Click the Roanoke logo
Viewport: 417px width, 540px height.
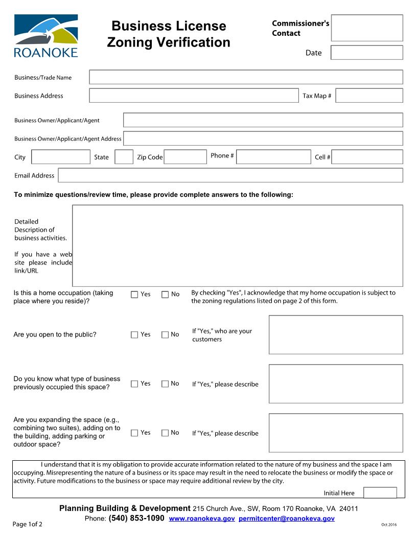tap(46, 36)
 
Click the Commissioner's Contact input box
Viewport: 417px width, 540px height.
tap(367, 28)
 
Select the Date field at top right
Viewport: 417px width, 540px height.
tap(367, 53)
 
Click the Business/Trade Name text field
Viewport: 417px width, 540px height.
tap(246, 77)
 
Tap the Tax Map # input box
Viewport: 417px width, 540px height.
tap(369, 96)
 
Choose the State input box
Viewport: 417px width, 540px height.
tap(124, 157)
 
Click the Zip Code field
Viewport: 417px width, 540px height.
tap(185, 157)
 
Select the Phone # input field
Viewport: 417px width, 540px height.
tap(273, 156)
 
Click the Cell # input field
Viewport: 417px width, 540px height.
tap(367, 157)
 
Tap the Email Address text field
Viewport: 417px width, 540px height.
tap(230, 175)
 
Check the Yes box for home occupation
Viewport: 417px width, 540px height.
tap(134, 295)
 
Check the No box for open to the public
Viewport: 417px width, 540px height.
tap(165, 335)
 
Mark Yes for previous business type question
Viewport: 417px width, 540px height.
tap(134, 384)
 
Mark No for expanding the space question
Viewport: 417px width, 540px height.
tap(165, 433)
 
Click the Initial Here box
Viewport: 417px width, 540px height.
tap(380, 493)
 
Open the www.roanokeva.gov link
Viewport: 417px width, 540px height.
tap(202, 519)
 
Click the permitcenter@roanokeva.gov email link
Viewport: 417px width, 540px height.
tap(286, 519)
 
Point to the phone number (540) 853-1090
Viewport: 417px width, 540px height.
tap(136, 519)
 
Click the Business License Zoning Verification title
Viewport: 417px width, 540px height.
tap(169, 34)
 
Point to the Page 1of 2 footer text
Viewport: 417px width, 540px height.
tap(28, 524)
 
